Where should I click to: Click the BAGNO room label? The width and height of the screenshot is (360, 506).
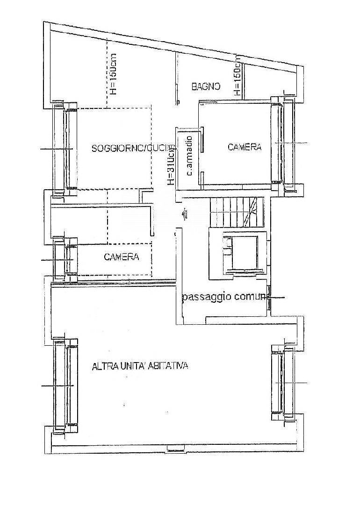(x=205, y=86)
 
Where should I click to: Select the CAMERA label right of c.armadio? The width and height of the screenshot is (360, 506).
(x=245, y=147)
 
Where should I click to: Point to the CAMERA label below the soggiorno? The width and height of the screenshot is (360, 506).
(x=121, y=257)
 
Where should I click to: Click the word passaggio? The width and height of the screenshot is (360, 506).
(x=204, y=296)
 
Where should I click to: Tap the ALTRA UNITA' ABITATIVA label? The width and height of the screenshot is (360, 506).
(x=140, y=366)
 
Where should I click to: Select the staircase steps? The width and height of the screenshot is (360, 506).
(x=236, y=213)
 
